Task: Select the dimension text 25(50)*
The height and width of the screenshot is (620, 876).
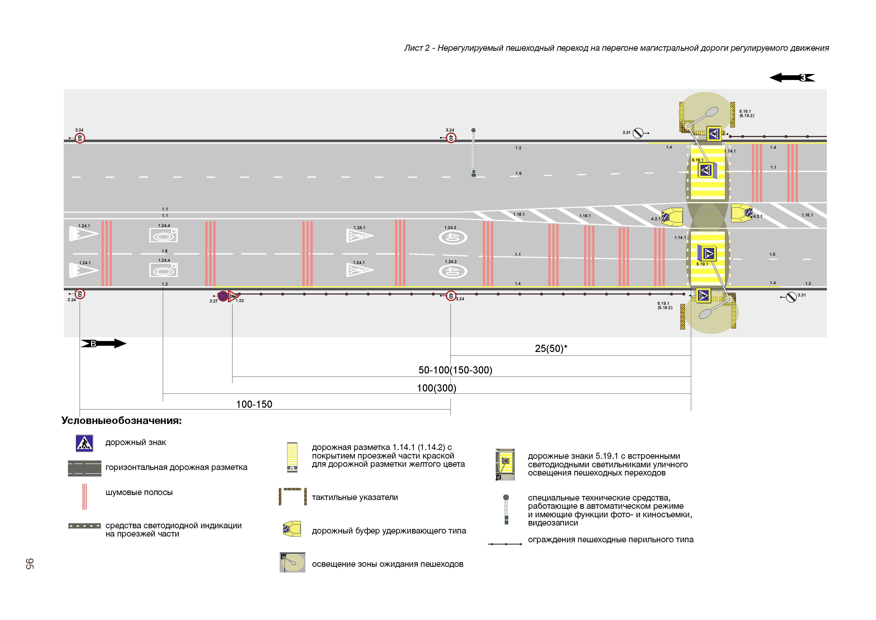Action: (x=551, y=348)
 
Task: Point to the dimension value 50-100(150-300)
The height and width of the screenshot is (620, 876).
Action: (x=455, y=370)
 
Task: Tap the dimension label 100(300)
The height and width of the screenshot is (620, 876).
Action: (x=437, y=388)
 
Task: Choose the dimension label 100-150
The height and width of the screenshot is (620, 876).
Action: (x=254, y=404)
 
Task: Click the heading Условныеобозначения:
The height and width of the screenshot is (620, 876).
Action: (x=121, y=420)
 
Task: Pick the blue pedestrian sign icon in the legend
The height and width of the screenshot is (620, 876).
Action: (x=84, y=443)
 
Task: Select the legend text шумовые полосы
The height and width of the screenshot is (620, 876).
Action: (x=139, y=492)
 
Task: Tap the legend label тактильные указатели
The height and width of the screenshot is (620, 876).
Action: (x=354, y=497)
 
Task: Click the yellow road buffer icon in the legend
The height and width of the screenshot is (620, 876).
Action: (x=292, y=529)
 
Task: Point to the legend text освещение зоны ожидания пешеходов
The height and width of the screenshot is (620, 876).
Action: (x=387, y=564)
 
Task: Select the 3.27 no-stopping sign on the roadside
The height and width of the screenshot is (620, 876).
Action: (x=222, y=296)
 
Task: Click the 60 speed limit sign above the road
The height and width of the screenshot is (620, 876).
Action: (x=79, y=138)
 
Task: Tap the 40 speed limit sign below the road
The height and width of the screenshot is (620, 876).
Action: (x=451, y=296)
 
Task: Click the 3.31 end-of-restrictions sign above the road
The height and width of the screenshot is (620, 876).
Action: (x=638, y=133)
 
